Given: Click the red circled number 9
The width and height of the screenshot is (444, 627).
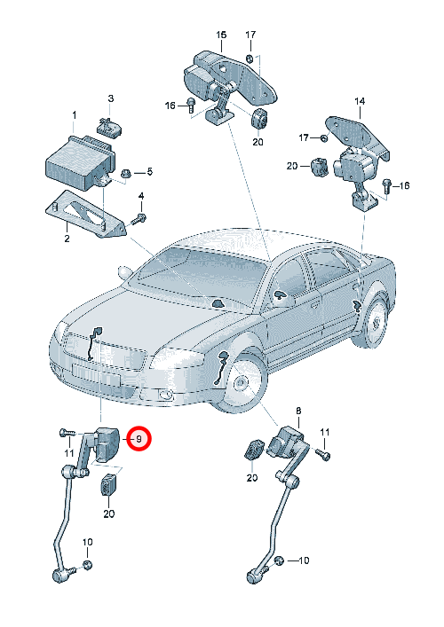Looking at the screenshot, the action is pos(139,439).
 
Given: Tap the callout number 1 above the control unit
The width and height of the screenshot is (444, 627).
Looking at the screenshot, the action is pos(74,115).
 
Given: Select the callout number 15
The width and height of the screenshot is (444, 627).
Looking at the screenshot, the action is pos(221,35).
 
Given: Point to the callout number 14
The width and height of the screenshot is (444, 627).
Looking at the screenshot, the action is pos(360,101).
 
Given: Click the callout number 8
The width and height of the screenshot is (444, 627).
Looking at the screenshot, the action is pos(298,411).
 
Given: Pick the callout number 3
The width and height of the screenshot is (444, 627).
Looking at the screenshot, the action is pos(110,98).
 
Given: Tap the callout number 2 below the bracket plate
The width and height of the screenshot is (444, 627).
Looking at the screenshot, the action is pos(67,239).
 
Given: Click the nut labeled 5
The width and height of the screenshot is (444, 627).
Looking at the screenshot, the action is pos(126,174).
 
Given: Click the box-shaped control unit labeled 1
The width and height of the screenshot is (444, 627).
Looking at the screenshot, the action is pos(78,163).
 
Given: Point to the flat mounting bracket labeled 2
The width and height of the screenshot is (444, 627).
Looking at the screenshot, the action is pos(85,215).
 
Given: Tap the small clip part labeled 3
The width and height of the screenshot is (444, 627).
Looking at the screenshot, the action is pos(109,127).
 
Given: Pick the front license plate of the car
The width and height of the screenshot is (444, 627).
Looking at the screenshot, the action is pos(96,374).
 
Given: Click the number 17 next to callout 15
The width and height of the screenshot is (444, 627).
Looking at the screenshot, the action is pos(250,35).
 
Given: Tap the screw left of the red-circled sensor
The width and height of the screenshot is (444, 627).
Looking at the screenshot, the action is pos(67,433).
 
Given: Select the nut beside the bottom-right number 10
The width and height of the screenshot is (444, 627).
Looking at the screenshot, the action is pos(281,560).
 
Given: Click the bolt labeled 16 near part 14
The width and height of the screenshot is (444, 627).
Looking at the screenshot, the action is pos(386,185).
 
